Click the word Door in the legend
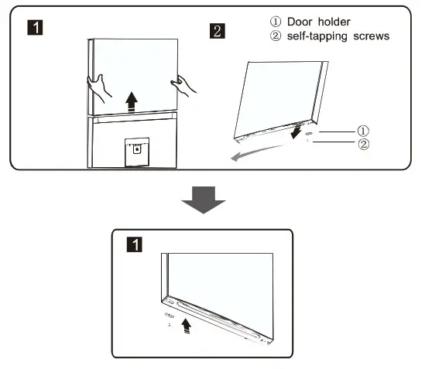coord(300,22)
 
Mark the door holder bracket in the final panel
coord(169,316)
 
